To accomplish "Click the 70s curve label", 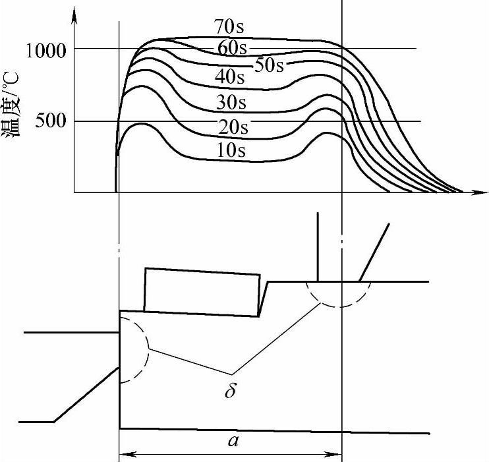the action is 229,26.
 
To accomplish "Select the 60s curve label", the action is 232,48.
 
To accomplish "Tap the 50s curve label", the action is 270,65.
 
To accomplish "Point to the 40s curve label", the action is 230,76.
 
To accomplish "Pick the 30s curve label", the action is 231,102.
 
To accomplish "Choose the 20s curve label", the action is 233,127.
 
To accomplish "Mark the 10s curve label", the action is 231,150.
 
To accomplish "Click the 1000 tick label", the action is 46,51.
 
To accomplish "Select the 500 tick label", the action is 51,121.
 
